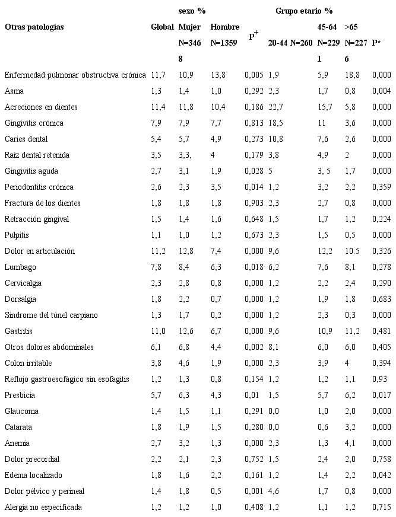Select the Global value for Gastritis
point(157,331)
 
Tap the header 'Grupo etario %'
point(303,11)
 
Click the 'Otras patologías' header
point(34,27)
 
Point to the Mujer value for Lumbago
point(185,267)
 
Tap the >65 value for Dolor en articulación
point(352,251)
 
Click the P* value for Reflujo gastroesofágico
point(379,379)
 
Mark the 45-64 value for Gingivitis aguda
point(326,171)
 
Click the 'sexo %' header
point(192,11)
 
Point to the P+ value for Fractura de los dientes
point(254,203)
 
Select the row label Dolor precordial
point(32,459)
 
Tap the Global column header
point(162,27)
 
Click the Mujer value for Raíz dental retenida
point(185,155)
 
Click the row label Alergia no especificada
point(43,507)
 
